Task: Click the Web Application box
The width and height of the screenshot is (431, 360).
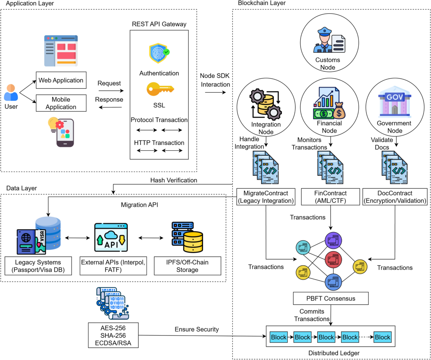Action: pos(61,80)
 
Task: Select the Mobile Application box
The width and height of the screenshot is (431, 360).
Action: pos(61,103)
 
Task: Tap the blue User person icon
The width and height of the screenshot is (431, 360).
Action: pos(11,92)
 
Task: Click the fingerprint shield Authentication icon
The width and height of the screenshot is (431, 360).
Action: pos(159,53)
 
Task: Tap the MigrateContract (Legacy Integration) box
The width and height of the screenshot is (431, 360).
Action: pos(266,197)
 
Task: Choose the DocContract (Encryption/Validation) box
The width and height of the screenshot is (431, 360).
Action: pos(395,197)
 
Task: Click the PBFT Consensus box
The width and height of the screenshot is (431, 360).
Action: pos(331,298)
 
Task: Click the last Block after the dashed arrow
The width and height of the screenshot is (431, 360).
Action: pos(382,337)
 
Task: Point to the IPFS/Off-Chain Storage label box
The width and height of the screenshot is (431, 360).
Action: pos(187,266)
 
